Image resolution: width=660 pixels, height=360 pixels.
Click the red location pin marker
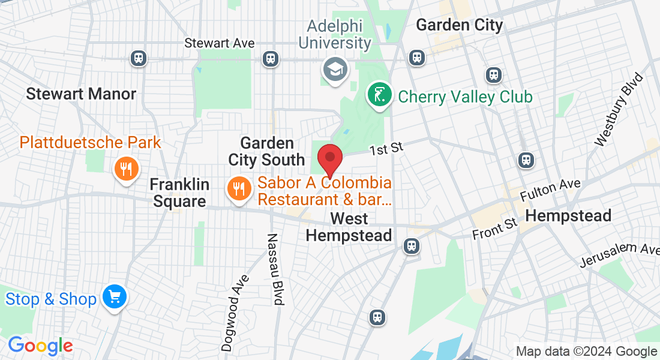click(x=329, y=158)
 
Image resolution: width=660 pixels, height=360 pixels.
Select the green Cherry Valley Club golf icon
click(x=380, y=95)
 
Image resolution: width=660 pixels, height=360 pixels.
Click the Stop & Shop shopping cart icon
click(x=114, y=298)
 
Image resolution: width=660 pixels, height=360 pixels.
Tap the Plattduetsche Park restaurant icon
click(x=125, y=169)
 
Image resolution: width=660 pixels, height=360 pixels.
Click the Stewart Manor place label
click(x=81, y=94)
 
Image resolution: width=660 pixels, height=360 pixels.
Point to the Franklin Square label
click(x=179, y=193)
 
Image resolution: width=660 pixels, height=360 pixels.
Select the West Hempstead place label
click(x=349, y=226)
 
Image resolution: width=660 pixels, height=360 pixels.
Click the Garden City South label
click(x=266, y=152)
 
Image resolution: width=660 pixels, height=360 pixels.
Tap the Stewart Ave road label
click(x=220, y=43)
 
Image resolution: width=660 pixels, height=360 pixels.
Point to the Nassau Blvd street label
click(x=274, y=269)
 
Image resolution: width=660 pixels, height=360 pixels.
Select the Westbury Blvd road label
click(x=618, y=110)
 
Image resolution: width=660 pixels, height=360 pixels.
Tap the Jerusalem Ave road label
click(x=619, y=255)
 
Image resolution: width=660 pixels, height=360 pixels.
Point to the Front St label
click(x=494, y=229)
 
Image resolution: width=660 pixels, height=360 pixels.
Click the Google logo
click(x=40, y=346)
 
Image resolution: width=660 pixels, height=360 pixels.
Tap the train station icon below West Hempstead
click(x=411, y=245)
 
